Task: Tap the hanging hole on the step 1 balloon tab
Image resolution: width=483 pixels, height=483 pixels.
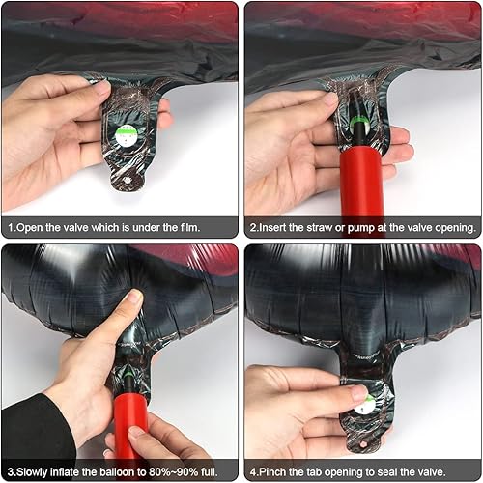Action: (128, 181)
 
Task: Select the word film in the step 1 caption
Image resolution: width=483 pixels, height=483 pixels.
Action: (189, 227)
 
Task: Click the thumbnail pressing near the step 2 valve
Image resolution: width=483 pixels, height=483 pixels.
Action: (330, 99)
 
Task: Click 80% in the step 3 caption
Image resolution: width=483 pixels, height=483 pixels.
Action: (161, 472)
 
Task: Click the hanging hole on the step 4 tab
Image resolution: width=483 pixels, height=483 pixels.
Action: (364, 444)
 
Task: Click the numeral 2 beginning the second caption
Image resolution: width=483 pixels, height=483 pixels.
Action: (253, 227)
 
